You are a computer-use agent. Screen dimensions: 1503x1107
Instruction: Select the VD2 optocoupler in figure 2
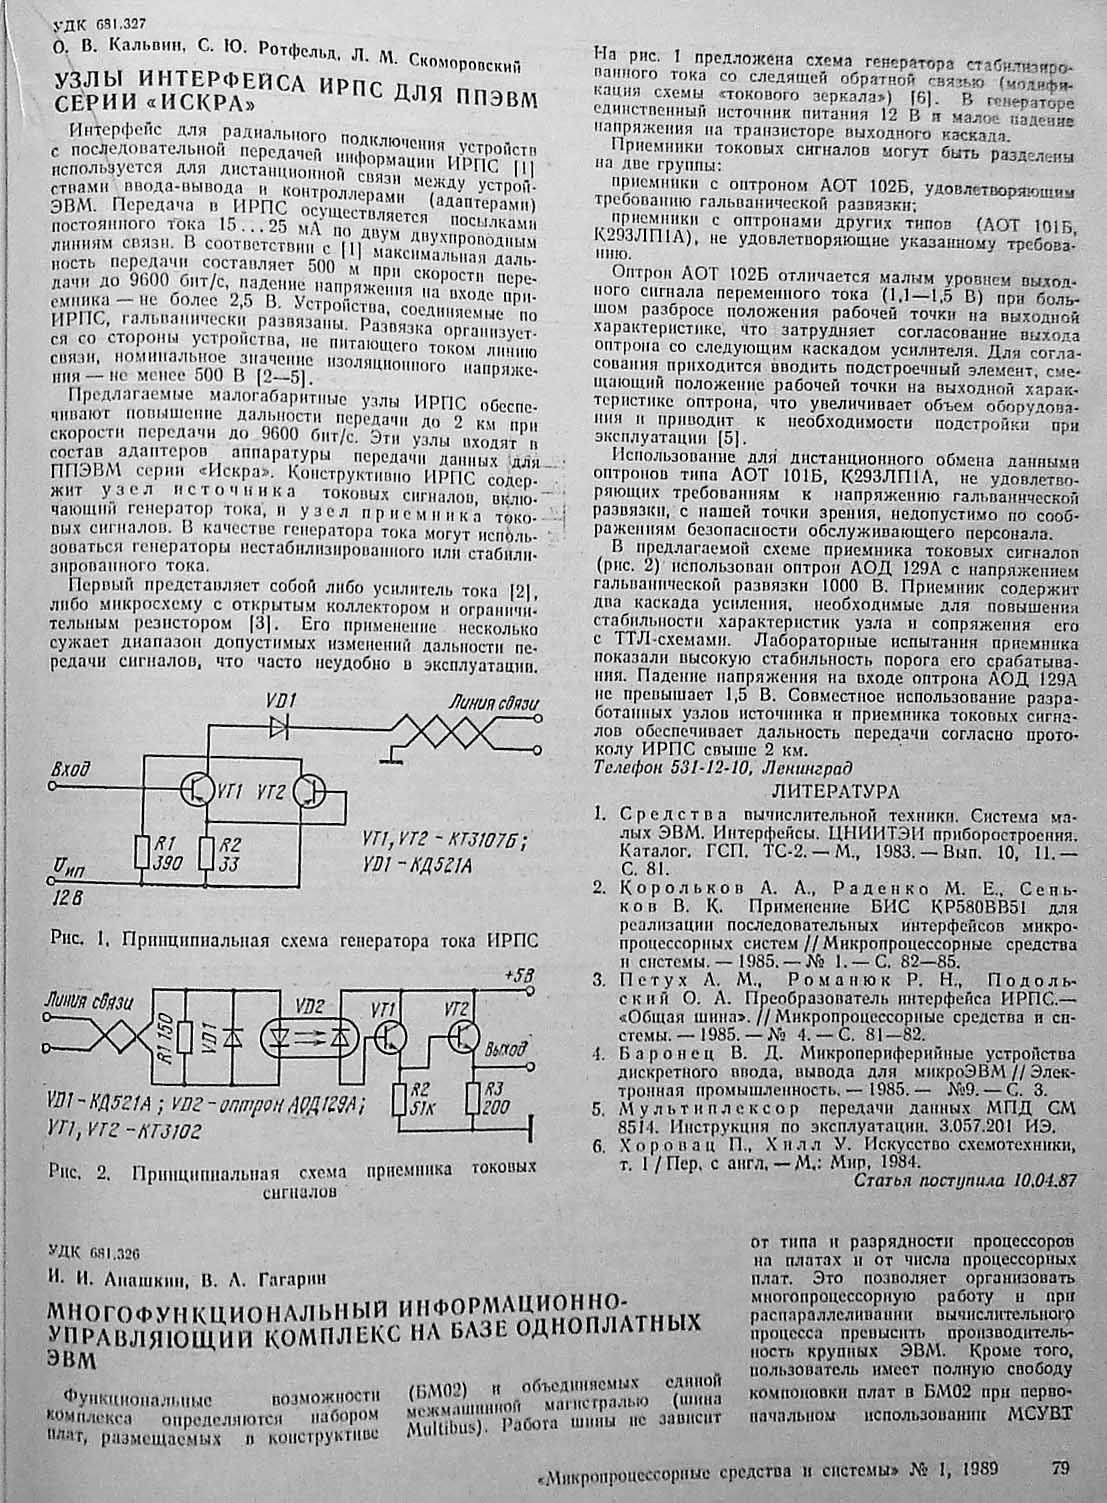click(x=311, y=1038)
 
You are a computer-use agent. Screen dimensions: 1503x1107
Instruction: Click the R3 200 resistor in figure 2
click(x=473, y=1099)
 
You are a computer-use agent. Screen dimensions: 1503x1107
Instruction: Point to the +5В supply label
click(x=521, y=973)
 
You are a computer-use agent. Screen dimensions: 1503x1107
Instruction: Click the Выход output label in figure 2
click(x=506, y=1051)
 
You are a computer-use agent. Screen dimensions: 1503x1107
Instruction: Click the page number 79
click(x=1061, y=1468)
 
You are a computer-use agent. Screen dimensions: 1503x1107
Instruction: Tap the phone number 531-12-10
click(x=711, y=770)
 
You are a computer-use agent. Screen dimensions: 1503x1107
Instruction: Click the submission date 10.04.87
click(x=1045, y=1179)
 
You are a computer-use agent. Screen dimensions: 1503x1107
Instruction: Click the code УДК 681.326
click(x=95, y=1251)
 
